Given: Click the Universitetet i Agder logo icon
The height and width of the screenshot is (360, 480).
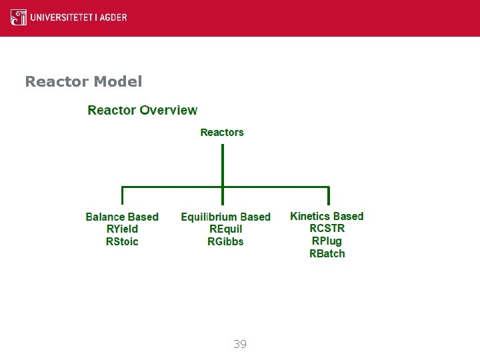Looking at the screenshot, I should click(19, 17).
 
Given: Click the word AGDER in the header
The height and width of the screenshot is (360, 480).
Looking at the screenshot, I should click(114, 17).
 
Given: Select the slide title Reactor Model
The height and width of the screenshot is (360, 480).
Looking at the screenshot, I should click(83, 81).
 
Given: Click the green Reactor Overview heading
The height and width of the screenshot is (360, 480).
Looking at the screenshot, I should click(143, 111).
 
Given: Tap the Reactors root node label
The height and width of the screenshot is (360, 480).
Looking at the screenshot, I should click(222, 133).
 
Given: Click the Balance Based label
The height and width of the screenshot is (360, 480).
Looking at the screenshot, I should click(122, 217).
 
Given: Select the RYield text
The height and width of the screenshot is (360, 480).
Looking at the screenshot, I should click(122, 229).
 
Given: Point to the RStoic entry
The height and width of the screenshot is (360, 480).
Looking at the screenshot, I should click(122, 241).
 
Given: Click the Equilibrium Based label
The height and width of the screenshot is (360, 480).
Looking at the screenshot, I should click(225, 217).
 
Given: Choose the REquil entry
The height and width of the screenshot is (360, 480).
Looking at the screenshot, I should click(225, 229).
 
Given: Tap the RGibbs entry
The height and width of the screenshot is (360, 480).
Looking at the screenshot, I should click(225, 241).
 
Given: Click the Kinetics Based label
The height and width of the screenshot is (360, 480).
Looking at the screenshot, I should click(327, 216).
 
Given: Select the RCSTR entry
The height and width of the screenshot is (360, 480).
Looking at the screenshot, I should click(327, 229).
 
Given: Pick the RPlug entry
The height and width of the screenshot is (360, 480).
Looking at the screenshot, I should click(327, 241).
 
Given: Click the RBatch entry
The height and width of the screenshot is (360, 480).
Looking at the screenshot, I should click(327, 253).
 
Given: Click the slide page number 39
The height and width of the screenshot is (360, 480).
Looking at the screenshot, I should click(240, 344).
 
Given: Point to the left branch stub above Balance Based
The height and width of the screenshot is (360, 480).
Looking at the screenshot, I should click(122, 195).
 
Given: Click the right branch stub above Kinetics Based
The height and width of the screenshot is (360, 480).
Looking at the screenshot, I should click(328, 195).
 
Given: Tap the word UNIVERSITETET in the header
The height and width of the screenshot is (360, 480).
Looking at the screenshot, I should click(63, 17).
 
